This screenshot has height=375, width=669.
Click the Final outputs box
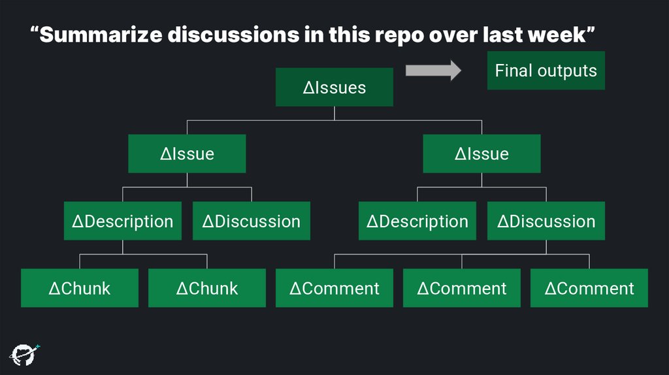546,71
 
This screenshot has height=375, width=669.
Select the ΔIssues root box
334,88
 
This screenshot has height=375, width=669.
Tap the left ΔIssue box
187,154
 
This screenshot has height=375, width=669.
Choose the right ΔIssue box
481,154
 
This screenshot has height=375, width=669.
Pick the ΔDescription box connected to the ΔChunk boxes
122,221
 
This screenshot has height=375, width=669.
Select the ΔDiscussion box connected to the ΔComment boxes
546,221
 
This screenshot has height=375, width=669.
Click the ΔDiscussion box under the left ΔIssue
251,221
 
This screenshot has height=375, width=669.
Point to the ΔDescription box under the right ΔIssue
417,221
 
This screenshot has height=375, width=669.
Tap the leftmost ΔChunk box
79,288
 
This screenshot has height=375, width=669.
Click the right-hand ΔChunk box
206,288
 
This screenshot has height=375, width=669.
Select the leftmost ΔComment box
334,288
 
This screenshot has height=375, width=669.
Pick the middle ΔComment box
461,288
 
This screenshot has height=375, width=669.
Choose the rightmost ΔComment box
589,288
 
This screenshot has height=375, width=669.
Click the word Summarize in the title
102,35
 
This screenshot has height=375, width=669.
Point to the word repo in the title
399,35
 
